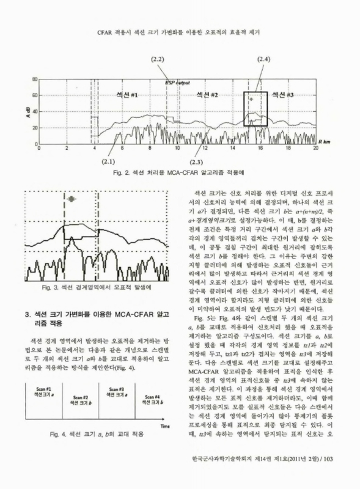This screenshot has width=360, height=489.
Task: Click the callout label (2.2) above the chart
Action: [x=157, y=59]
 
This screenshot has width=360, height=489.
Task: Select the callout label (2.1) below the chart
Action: [x=109, y=161]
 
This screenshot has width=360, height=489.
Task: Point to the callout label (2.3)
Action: [x=197, y=161]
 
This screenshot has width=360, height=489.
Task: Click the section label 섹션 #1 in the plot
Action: [x=127, y=96]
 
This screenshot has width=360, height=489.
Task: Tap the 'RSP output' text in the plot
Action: [x=178, y=83]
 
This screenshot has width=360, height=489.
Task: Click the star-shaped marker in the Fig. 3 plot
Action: [x=73, y=199]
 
